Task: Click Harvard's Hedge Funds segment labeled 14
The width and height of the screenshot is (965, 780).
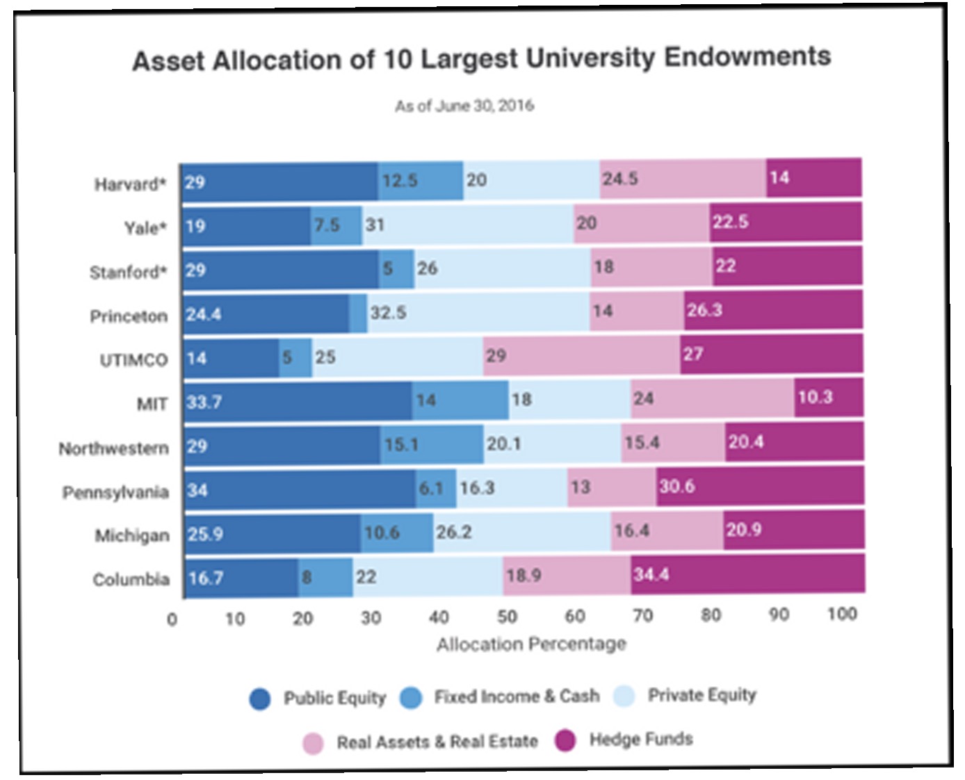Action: pyautogui.click(x=813, y=178)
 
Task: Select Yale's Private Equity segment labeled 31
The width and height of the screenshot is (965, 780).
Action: pyautogui.click(x=467, y=225)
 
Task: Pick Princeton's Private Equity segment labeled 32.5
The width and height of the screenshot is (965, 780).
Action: pyautogui.click(x=478, y=312)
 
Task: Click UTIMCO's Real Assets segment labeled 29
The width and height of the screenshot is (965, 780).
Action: pyautogui.click(x=581, y=355)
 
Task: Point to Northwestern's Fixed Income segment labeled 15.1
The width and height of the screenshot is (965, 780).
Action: pyautogui.click(x=431, y=444)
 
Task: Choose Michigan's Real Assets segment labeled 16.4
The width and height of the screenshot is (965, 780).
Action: pyautogui.click(x=666, y=531)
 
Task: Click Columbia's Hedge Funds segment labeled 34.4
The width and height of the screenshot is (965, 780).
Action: pyautogui.click(x=747, y=574)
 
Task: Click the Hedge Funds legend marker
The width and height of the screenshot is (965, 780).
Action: pyautogui.click(x=565, y=740)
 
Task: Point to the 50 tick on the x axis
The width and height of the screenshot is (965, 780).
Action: pyautogui.click(x=507, y=617)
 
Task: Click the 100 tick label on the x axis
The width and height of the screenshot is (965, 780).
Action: pyautogui.click(x=841, y=614)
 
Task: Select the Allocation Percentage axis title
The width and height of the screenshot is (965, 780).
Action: pyautogui.click(x=531, y=644)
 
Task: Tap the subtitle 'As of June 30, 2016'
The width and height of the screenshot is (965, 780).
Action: pyautogui.click(x=464, y=106)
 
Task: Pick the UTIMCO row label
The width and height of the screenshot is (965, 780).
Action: pyautogui.click(x=133, y=360)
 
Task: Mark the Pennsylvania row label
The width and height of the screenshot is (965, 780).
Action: pyautogui.click(x=115, y=493)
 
